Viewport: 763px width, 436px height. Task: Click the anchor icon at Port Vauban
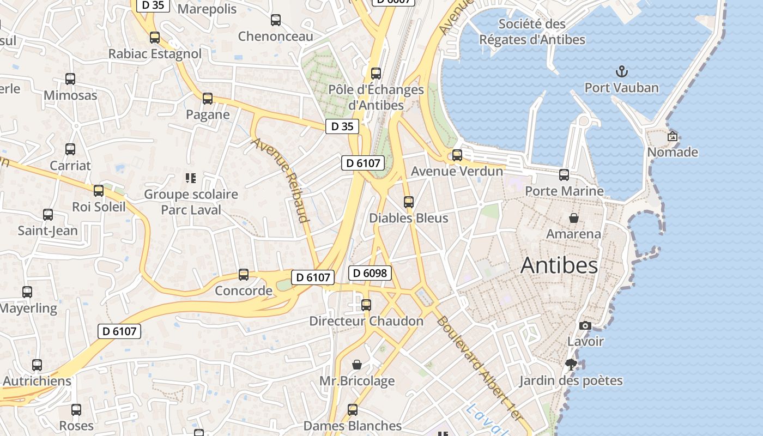click(x=621, y=71)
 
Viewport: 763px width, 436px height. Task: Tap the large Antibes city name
click(x=559, y=265)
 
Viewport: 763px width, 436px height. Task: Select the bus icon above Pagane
click(x=208, y=99)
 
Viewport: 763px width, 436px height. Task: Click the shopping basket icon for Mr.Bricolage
click(x=357, y=364)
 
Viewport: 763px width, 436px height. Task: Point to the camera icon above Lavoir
click(x=585, y=325)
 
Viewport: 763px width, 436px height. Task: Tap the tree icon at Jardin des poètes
click(x=571, y=364)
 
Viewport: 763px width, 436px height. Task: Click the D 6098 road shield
click(x=370, y=273)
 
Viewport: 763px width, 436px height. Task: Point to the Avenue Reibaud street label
click(x=281, y=180)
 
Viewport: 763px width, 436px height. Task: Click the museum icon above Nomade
click(x=673, y=136)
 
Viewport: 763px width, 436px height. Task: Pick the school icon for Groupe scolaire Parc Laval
click(x=190, y=178)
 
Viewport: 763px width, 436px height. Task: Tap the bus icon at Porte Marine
click(x=564, y=175)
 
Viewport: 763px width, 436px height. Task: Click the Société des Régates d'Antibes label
click(x=532, y=32)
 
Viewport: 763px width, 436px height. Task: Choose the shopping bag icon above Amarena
click(x=573, y=218)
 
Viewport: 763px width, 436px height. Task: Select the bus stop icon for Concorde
click(x=244, y=275)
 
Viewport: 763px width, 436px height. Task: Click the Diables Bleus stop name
click(x=408, y=218)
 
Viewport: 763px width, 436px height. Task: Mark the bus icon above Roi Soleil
click(x=99, y=191)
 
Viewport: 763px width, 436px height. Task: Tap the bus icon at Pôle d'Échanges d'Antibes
click(x=376, y=74)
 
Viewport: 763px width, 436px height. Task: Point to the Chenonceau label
click(x=276, y=37)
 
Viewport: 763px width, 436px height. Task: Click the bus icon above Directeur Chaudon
click(x=366, y=305)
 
